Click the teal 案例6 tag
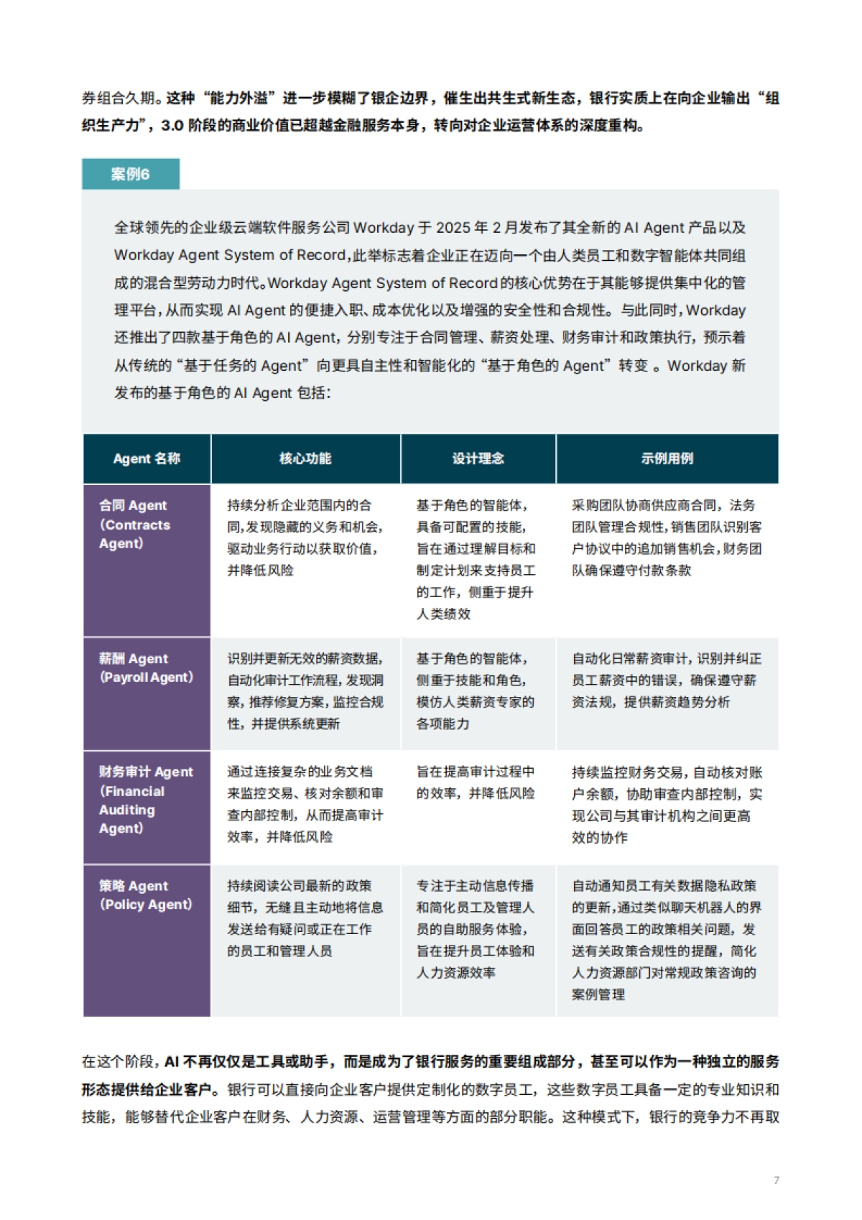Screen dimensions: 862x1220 pos(130,174)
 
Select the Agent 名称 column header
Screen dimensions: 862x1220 pos(147,458)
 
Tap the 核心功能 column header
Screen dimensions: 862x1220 pos(305,458)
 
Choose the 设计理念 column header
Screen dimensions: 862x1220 pos(478,458)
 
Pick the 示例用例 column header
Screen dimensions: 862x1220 pos(667,458)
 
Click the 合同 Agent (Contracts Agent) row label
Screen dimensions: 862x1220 pos(134,524)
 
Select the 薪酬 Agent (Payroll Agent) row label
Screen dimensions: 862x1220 pos(146,667)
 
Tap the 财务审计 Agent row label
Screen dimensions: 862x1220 pos(146,800)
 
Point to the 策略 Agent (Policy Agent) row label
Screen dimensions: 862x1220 pos(146,895)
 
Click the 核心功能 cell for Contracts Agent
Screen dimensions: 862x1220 pos(305,537)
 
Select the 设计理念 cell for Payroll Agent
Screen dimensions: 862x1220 pos(475,690)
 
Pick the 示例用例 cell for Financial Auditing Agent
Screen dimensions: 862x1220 pos(667,805)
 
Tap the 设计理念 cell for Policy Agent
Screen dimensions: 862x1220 pos(475,929)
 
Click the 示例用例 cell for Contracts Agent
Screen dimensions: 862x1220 pos(667,537)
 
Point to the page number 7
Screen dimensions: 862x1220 pos(777,1180)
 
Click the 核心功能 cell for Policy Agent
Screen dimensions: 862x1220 pos(305,918)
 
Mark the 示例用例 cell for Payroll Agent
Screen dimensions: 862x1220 pos(667,680)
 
